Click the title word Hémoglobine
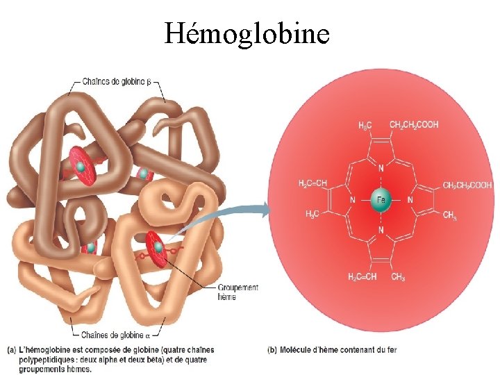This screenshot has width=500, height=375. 247,32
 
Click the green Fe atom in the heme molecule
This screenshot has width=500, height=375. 379,200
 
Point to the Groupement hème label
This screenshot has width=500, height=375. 237,292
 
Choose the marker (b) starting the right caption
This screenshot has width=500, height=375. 272,349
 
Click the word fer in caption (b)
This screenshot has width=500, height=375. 391,349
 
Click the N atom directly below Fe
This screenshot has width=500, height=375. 379,230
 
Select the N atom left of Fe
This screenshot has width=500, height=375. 353,200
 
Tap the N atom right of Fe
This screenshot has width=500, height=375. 410,200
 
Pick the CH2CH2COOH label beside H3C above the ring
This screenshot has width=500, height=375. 414,125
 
